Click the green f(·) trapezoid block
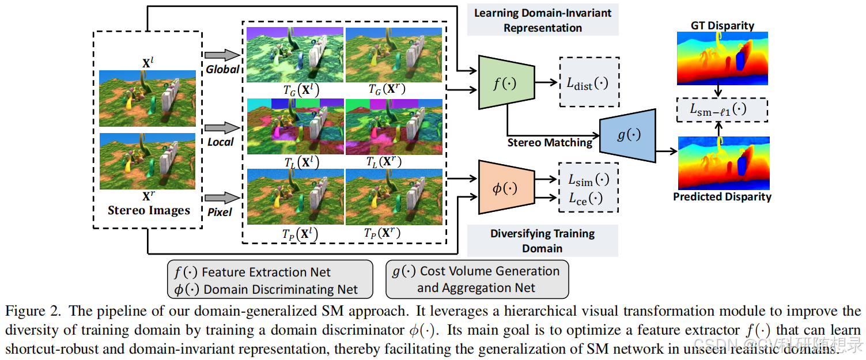tap(498, 82)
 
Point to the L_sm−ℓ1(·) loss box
tap(722, 109)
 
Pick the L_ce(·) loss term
tap(585, 199)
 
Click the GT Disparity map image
tap(722, 55)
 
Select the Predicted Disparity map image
tap(722, 163)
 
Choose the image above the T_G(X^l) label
tap(295, 55)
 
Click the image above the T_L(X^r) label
tap(394, 126)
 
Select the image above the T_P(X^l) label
tap(295, 196)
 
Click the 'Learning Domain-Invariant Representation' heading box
tap(542, 20)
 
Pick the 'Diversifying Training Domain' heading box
tap(542, 241)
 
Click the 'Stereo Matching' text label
tap(550, 143)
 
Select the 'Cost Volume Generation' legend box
tap(477, 279)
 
